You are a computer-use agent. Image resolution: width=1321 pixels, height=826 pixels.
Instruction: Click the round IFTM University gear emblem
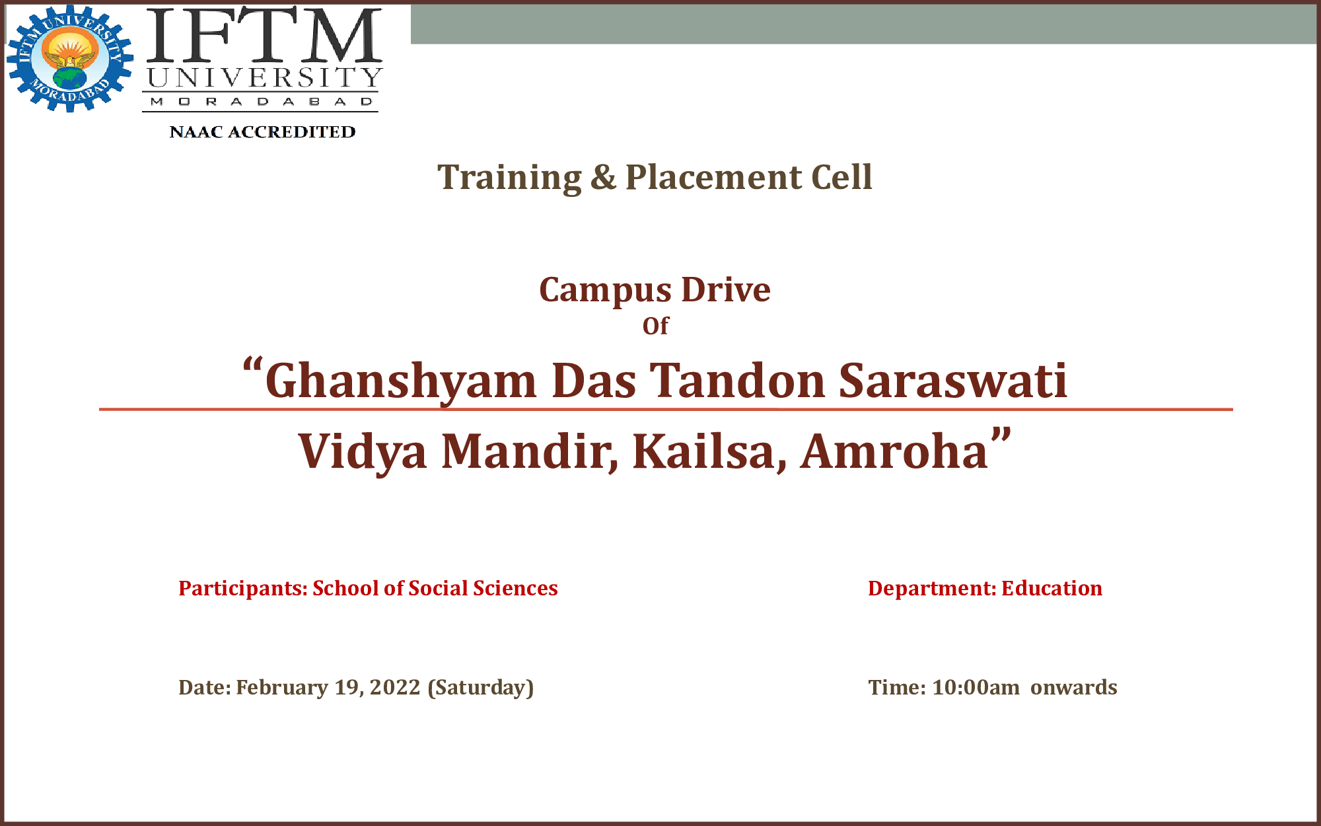[x=70, y=59]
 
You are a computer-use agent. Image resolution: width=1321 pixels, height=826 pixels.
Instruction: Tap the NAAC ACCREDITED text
[x=262, y=132]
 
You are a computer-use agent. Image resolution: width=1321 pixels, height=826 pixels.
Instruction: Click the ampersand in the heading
[x=603, y=177]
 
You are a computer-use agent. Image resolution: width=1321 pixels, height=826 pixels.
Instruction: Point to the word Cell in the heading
[x=841, y=177]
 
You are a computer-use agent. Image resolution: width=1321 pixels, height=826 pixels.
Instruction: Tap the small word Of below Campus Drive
[x=655, y=326]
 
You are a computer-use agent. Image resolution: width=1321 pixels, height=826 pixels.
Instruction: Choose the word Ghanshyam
[x=400, y=382]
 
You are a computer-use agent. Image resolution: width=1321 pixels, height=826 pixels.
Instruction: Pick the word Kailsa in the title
[x=709, y=452]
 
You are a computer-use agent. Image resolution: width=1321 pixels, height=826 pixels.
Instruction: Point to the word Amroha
[x=894, y=452]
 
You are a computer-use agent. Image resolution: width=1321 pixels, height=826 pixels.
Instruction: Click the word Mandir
[x=530, y=452]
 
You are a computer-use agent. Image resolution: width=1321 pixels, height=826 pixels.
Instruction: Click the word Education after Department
[x=1052, y=588]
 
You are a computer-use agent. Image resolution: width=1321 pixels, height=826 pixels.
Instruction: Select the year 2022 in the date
[x=395, y=687]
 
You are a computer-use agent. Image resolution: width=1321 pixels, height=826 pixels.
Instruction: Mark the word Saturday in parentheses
[x=481, y=688]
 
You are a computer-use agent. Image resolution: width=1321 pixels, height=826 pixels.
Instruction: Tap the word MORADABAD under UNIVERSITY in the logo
[x=262, y=102]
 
